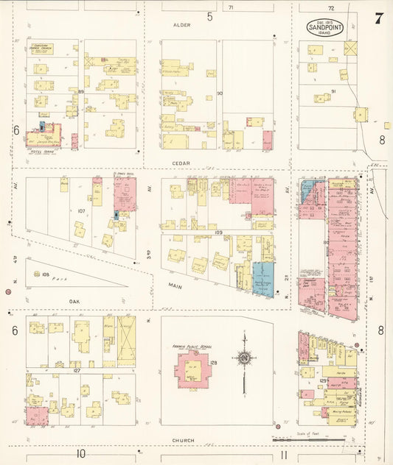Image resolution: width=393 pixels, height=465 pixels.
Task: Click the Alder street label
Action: point(181,25)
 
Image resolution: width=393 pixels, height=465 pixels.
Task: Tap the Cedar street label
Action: point(181,163)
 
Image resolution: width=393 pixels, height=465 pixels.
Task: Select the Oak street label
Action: point(73,299)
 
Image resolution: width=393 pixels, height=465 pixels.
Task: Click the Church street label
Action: point(183,440)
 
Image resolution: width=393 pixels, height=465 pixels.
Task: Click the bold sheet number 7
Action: point(378,19)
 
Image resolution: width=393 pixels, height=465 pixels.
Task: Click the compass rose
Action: point(243,359)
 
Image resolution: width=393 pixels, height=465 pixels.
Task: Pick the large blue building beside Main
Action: point(262,279)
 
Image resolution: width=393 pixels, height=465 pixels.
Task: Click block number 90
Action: point(219,93)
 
